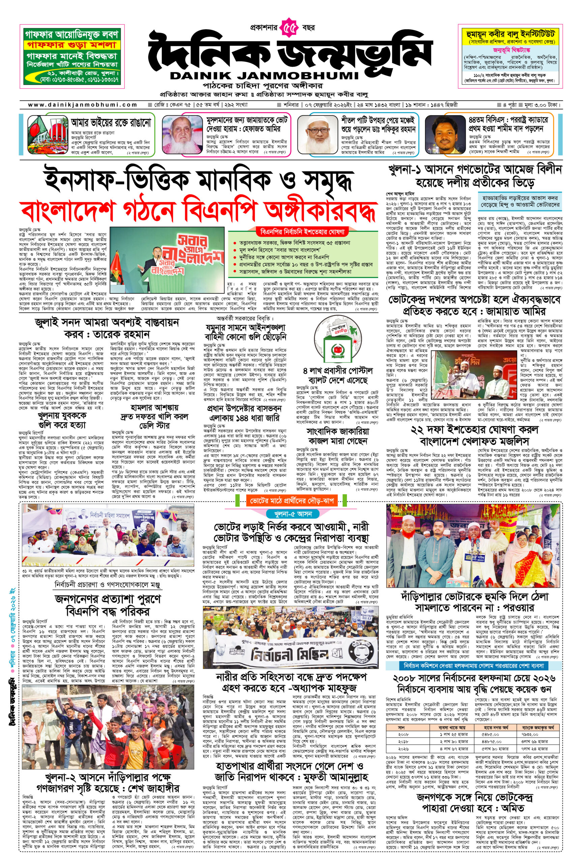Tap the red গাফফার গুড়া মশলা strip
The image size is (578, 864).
point(71,45)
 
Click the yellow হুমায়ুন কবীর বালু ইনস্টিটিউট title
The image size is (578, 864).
point(511,35)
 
